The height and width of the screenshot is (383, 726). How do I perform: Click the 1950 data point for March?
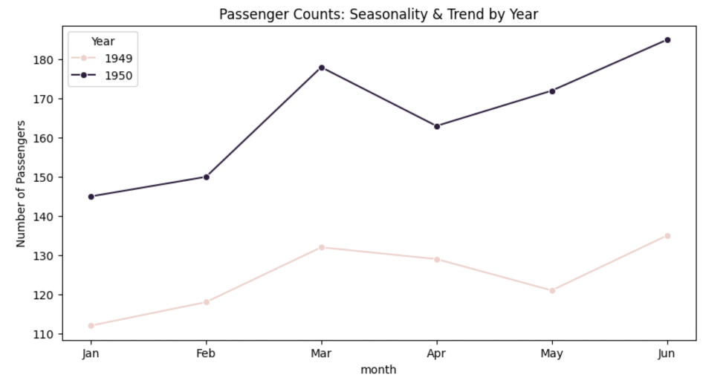(321, 68)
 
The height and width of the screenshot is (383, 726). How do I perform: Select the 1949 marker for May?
(552, 291)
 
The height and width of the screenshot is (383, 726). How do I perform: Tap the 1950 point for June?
(667, 40)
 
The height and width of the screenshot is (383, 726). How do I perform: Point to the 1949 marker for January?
(91, 326)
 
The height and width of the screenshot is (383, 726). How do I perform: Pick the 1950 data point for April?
(437, 126)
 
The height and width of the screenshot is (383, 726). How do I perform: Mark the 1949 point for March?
(321, 247)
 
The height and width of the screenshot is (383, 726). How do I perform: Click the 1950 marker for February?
(206, 177)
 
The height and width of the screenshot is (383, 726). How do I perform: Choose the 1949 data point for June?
(667, 236)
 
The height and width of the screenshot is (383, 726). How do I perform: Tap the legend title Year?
(103, 42)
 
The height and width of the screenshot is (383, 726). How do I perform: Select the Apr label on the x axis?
(437, 353)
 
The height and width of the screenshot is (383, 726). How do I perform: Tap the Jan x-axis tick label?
(91, 353)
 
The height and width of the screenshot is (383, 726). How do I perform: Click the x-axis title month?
(378, 370)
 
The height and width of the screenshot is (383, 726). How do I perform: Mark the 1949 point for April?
(437, 259)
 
